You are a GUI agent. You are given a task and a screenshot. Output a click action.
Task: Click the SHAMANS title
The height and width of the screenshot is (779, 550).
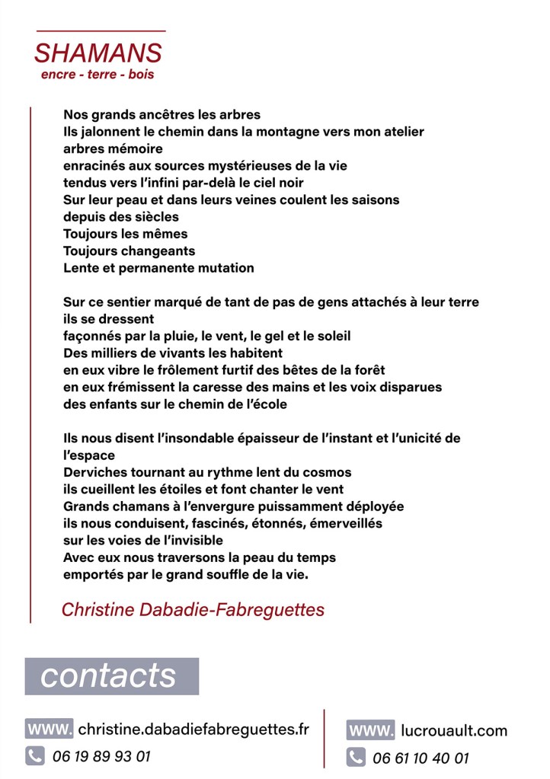tap(98, 53)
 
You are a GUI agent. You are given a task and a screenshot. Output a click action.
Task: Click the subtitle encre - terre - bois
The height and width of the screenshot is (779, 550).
tap(98, 75)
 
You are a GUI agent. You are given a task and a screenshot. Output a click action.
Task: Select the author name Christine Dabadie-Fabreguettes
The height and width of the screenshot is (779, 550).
tap(193, 610)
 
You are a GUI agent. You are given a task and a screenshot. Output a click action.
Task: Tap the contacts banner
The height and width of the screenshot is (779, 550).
tap(111, 675)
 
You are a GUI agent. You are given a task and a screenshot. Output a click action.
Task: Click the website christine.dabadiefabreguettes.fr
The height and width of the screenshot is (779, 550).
tap(193, 729)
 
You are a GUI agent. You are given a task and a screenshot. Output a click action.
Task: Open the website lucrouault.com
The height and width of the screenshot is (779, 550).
tap(453, 731)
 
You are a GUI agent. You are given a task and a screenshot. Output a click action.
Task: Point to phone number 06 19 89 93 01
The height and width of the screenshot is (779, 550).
tap(102, 756)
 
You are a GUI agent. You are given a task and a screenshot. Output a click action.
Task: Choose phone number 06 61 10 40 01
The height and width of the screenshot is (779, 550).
tap(420, 758)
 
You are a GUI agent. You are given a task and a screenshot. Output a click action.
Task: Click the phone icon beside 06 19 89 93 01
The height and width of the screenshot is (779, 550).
tap(35, 756)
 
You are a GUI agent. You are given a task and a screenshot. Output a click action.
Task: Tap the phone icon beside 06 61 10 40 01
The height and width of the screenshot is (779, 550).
tap(355, 758)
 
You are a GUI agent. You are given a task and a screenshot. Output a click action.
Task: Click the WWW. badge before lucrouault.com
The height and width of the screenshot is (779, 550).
tap(370, 731)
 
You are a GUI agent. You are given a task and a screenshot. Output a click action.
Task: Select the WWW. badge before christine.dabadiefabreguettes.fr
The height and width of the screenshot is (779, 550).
tap(50, 729)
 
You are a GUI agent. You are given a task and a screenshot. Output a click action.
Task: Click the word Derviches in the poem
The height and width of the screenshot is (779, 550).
tap(94, 472)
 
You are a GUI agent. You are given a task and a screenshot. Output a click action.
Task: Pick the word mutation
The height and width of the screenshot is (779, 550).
tap(226, 268)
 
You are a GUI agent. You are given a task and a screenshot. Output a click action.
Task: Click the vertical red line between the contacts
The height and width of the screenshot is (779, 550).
tap(325, 739)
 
